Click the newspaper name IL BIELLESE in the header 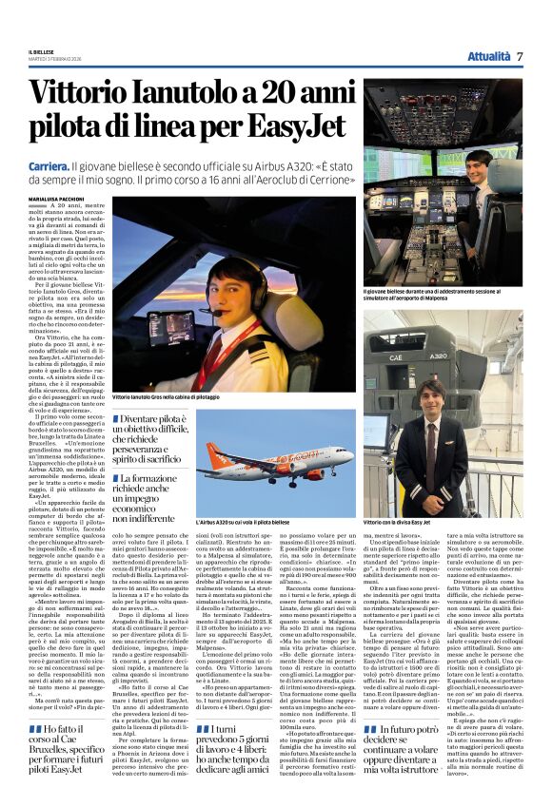point(42,52)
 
